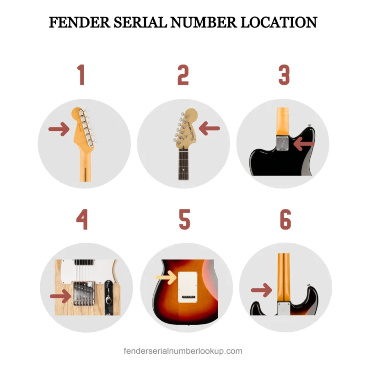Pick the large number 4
coord(81,220)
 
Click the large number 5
coord(184,220)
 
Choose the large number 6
coord(285,220)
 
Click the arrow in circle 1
coord(59,130)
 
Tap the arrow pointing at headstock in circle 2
coord(209,129)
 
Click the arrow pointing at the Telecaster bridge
coord(60,296)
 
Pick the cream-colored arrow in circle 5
coord(167,277)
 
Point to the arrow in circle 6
coord(262,289)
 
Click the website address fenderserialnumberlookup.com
coord(183,351)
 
